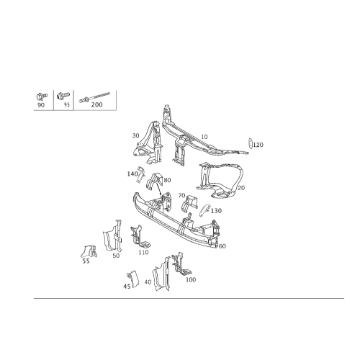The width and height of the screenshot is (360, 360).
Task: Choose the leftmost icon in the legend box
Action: point(42,99)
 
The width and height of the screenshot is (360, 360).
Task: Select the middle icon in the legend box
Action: point(63,99)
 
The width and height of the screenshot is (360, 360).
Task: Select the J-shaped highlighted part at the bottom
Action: point(132,279)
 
